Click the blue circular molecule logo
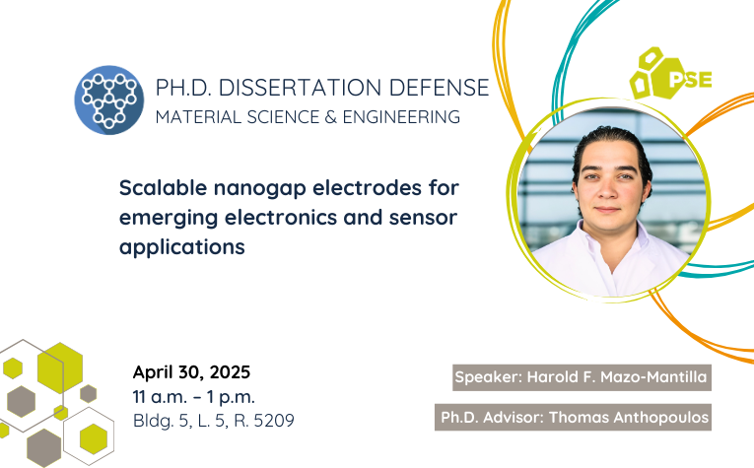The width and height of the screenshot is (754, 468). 109,100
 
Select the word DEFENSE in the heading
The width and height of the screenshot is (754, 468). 439,88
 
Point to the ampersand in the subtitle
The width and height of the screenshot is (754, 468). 331,117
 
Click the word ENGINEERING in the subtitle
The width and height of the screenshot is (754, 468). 401,117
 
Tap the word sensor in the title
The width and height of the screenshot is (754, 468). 423,218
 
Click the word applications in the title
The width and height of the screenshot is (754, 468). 182,247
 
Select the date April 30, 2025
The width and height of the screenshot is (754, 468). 191,371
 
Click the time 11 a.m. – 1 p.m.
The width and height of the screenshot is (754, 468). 194,397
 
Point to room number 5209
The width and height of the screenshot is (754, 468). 274,421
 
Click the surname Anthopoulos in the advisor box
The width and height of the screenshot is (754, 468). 661,417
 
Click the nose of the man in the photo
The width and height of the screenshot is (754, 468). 609,190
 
